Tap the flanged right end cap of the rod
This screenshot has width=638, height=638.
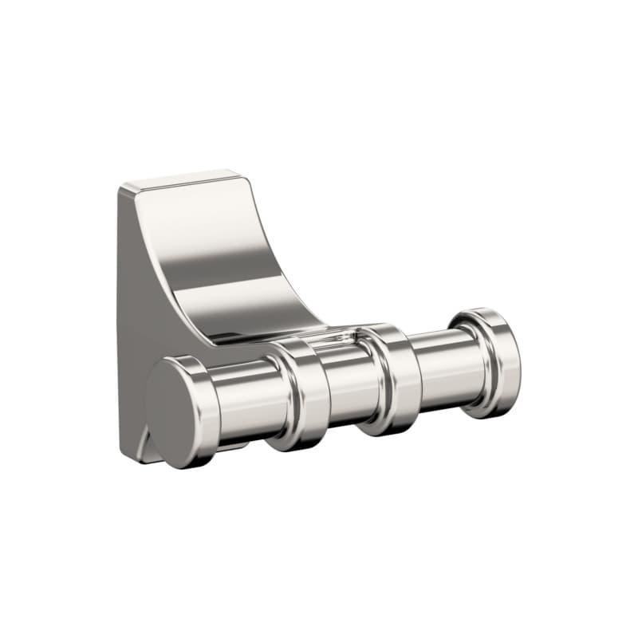point(488,360)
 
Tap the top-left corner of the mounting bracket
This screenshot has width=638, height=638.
point(123,188)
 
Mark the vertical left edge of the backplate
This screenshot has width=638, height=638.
point(119,319)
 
